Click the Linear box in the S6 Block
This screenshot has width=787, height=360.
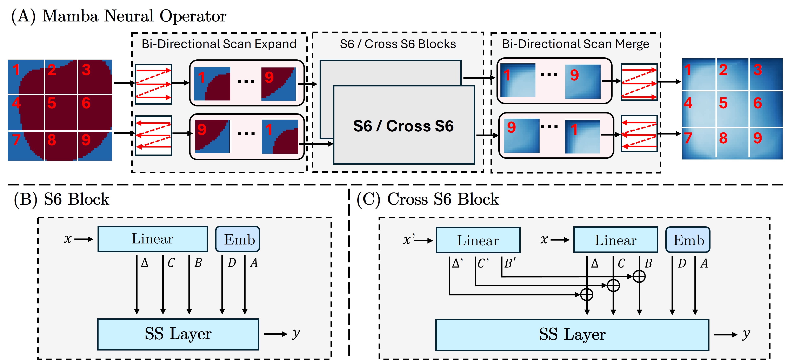(152, 239)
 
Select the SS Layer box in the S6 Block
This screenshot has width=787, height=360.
(178, 334)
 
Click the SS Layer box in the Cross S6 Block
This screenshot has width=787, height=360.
(572, 335)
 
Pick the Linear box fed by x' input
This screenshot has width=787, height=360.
(478, 240)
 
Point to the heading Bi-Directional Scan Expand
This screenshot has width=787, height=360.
(219, 44)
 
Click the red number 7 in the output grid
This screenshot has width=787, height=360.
(688, 138)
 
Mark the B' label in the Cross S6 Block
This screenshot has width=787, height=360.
(510, 263)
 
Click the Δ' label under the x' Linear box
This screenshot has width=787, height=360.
(457, 263)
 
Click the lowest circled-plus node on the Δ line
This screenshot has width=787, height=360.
(587, 295)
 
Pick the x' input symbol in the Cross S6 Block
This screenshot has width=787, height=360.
(408, 240)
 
